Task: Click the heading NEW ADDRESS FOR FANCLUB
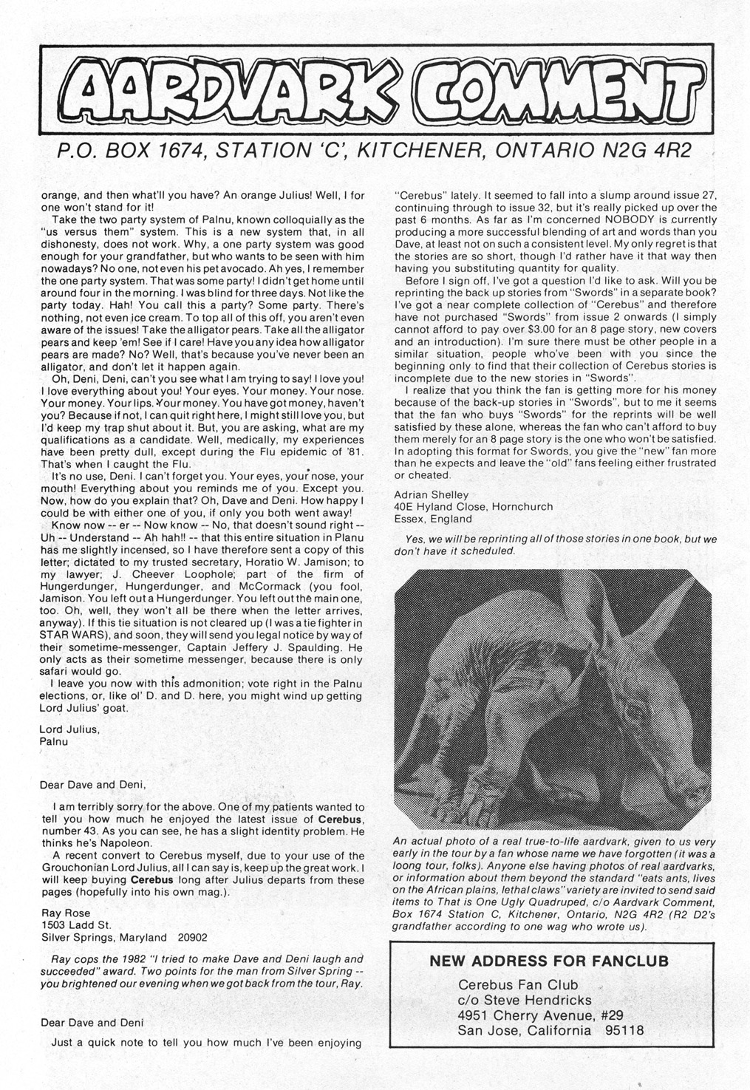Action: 550,961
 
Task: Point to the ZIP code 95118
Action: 617,1030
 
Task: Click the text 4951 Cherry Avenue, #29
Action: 542,1015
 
